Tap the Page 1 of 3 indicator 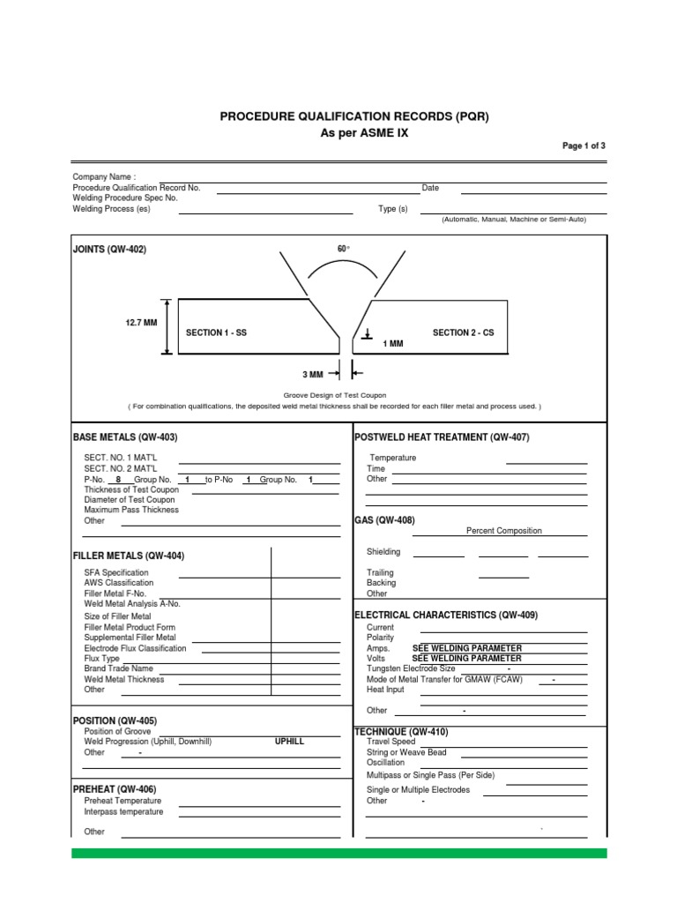point(584,146)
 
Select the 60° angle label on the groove point(343,250)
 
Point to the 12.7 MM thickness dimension point(141,324)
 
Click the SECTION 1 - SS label point(216,332)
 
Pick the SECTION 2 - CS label point(463,332)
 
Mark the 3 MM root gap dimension point(314,375)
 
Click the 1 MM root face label point(392,344)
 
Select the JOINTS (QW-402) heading point(109,250)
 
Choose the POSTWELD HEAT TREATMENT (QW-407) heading point(441,437)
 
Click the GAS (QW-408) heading point(384,520)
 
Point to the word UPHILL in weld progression point(289,742)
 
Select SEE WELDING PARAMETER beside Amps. point(467,648)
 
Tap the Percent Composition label point(503,531)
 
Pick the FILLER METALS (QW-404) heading point(129,556)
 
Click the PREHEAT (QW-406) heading point(116,789)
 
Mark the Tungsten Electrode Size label point(411,668)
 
